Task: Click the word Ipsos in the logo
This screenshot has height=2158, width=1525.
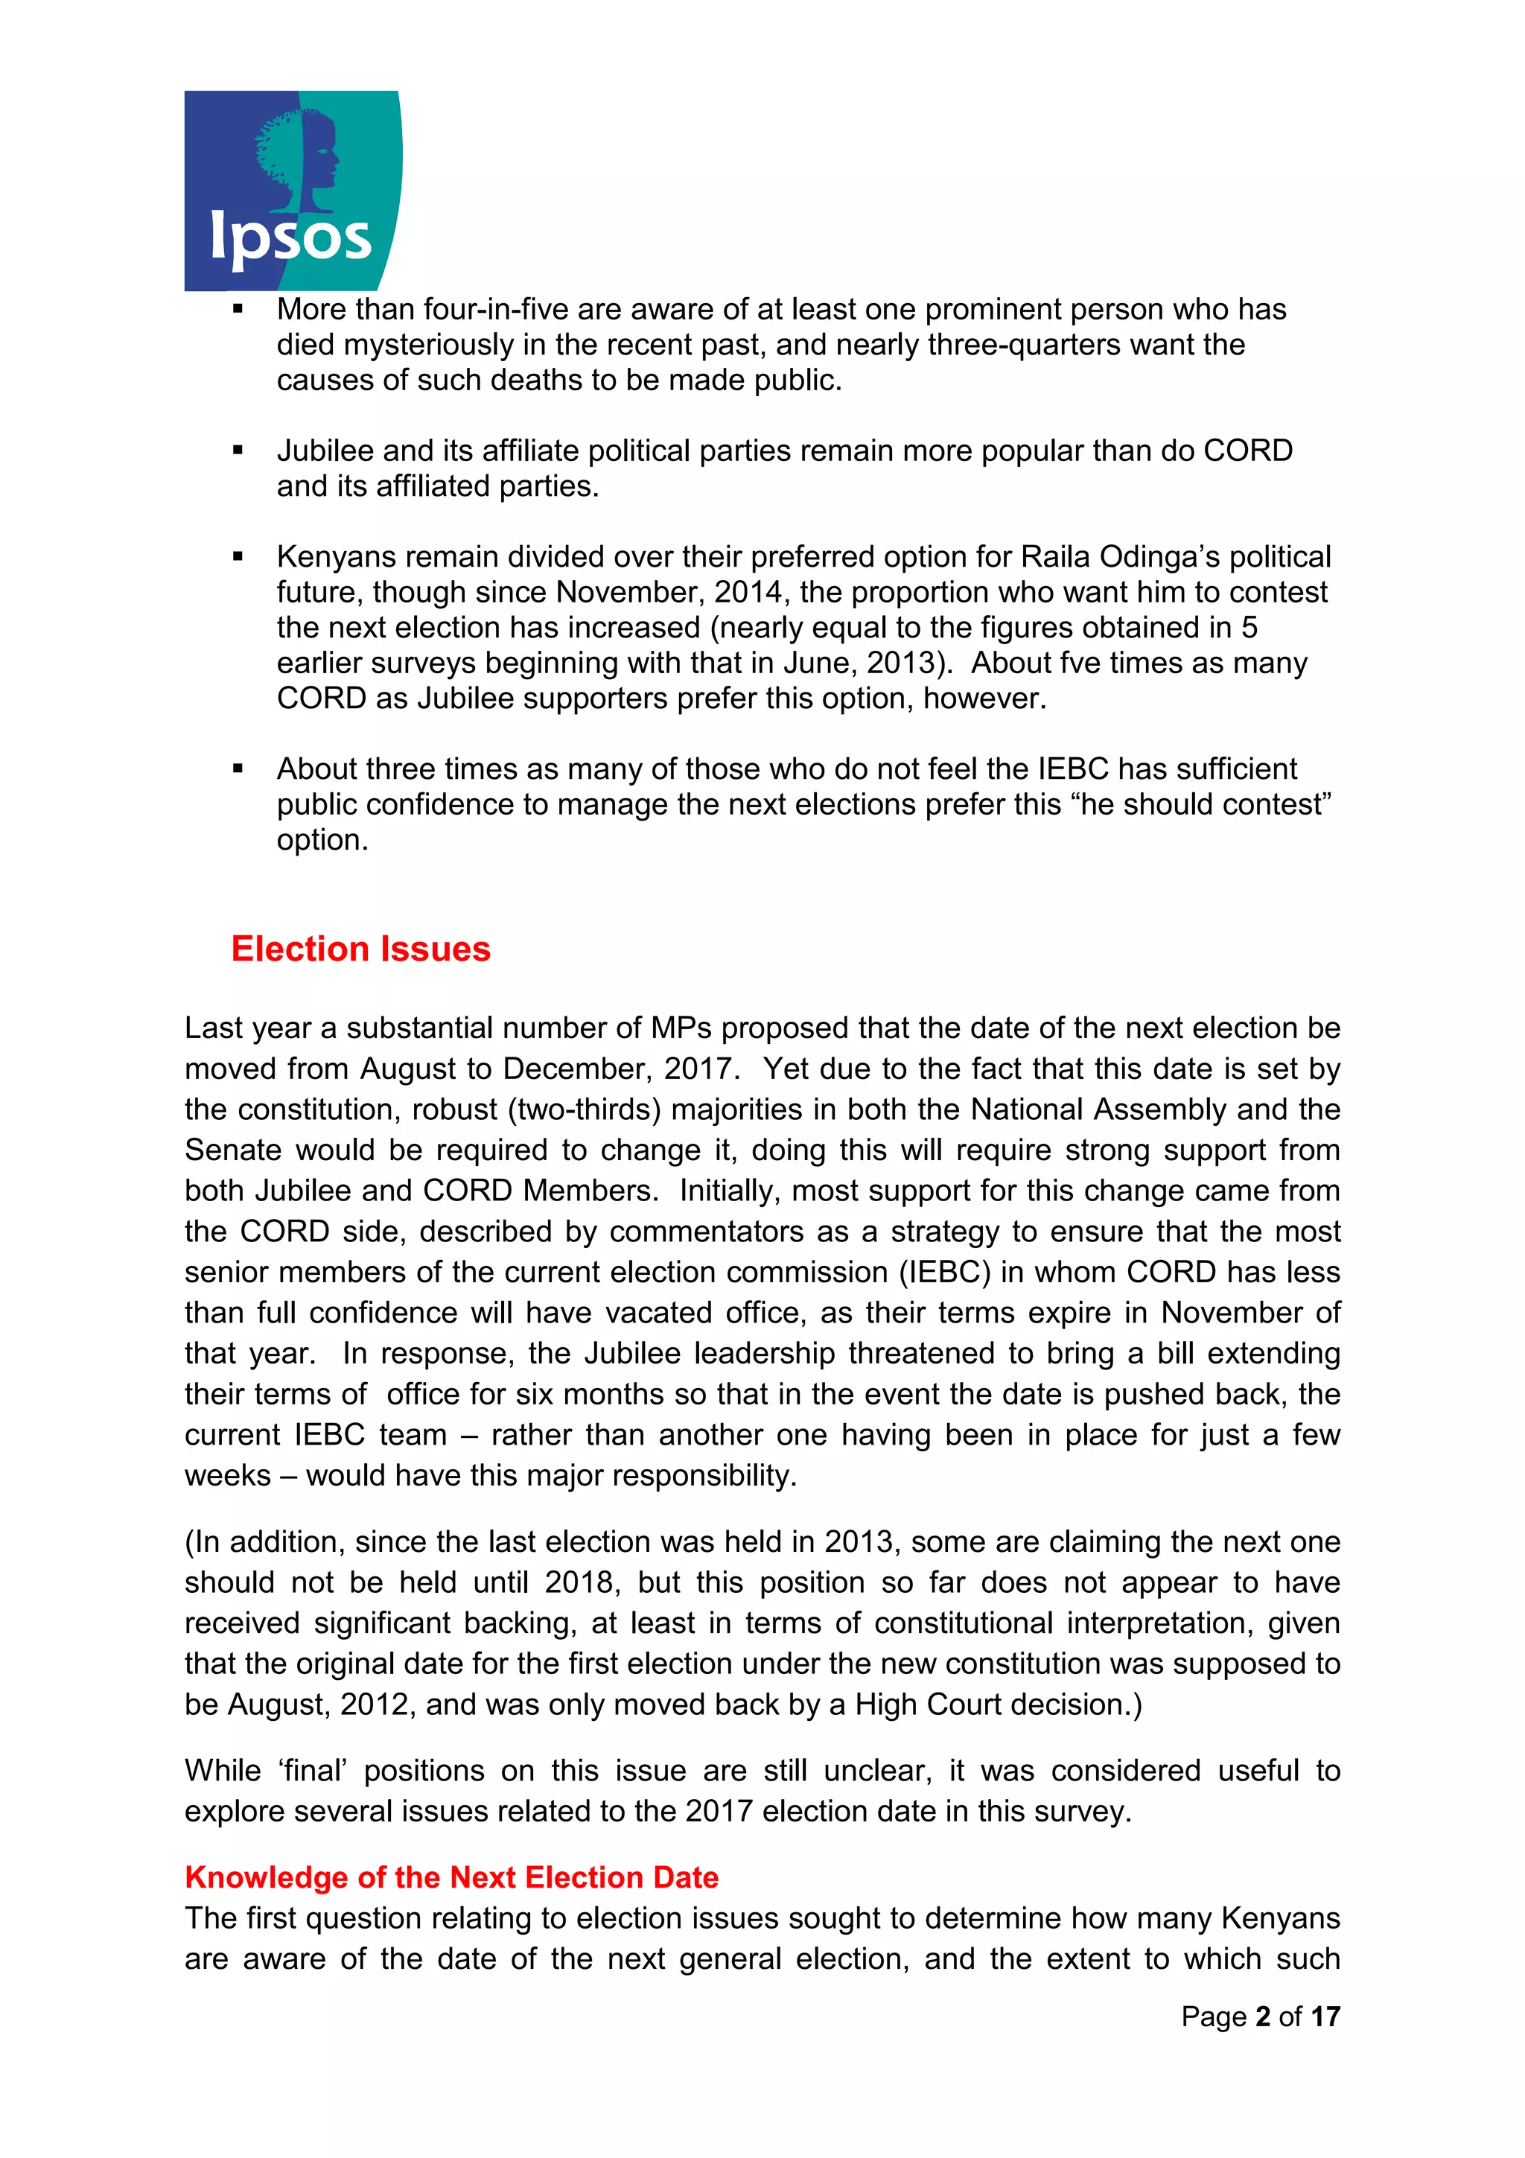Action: pyautogui.click(x=290, y=239)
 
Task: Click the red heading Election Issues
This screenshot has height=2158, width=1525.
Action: pyautogui.click(x=361, y=949)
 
